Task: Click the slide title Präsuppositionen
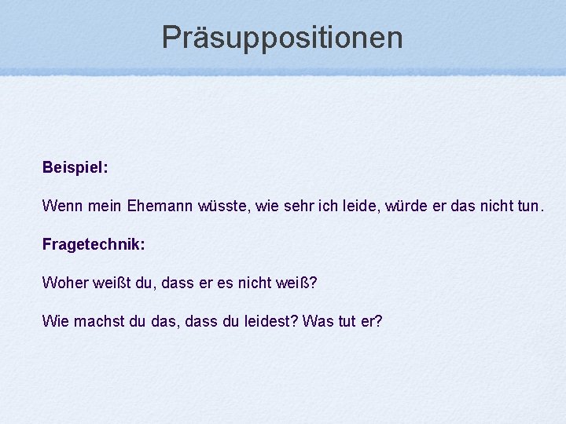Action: (x=282, y=37)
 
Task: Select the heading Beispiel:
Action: (x=75, y=168)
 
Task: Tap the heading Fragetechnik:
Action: (x=94, y=244)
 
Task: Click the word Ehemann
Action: (x=146, y=207)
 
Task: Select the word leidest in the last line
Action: (x=269, y=321)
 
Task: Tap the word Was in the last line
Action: (x=317, y=321)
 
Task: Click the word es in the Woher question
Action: (x=225, y=283)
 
